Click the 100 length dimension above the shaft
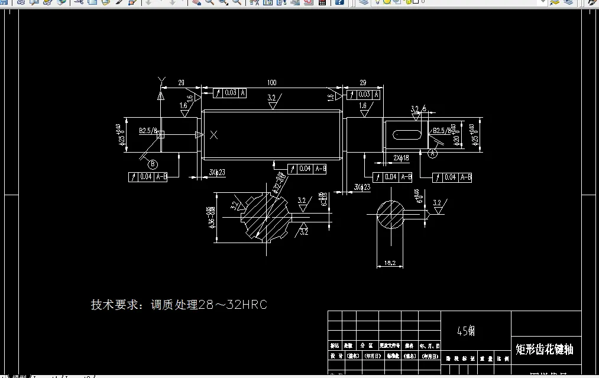tap(271, 82)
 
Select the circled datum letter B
tap(152, 164)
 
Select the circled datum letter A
tap(432, 153)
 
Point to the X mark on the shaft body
tap(214, 135)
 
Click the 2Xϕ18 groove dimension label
tap(402, 158)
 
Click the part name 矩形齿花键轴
tap(544, 349)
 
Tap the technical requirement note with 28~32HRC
tap(179, 305)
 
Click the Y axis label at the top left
tap(160, 79)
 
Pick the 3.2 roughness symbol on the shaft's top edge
tap(272, 101)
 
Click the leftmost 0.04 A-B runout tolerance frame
tap(148, 176)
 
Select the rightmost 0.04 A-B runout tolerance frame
tap(452, 177)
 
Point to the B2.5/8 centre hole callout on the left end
tap(148, 130)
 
